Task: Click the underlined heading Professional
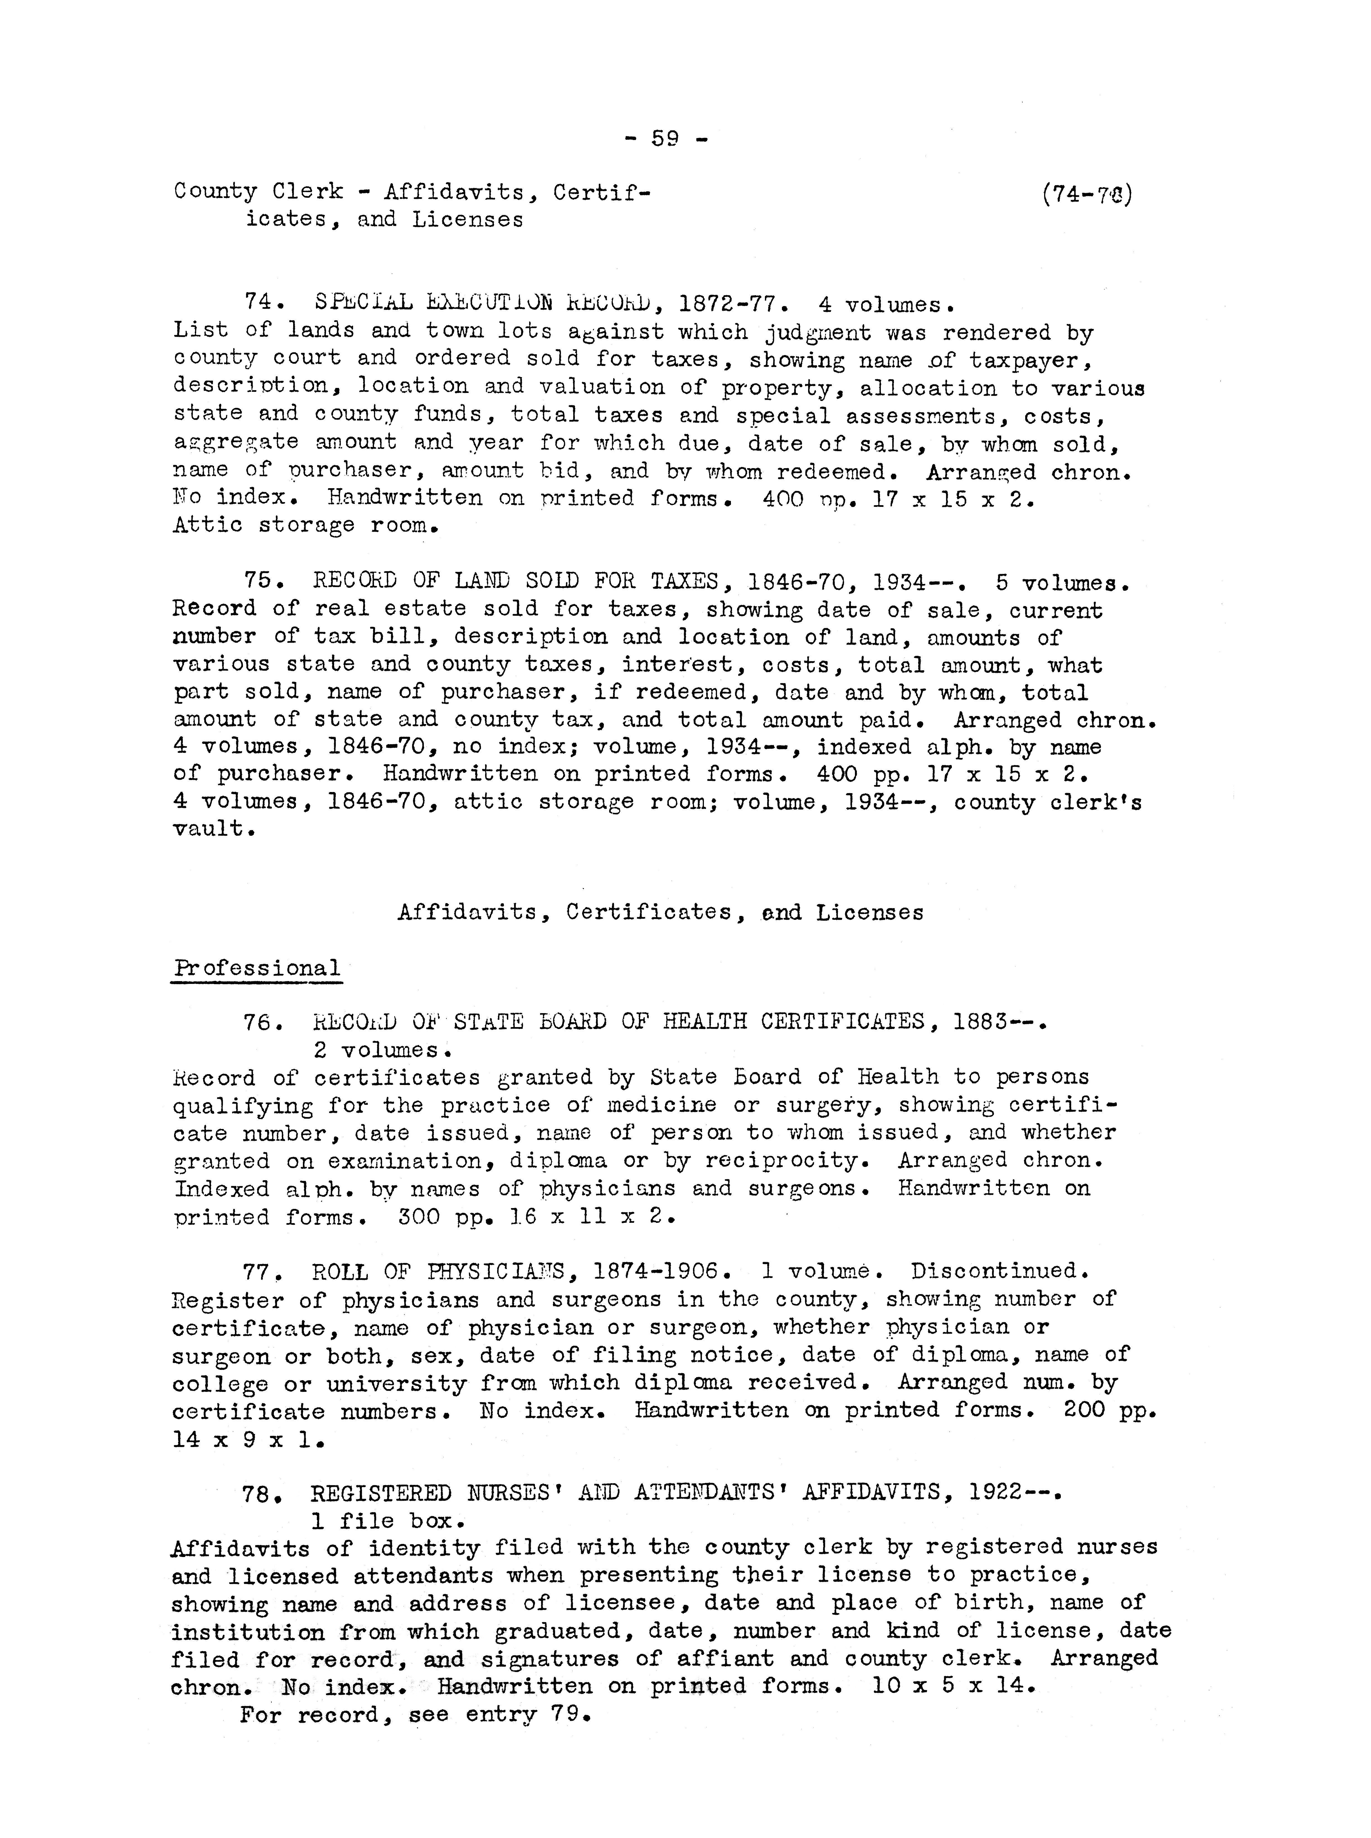pyautogui.click(x=256, y=969)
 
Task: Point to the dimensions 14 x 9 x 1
pyautogui.click(x=247, y=1440)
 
